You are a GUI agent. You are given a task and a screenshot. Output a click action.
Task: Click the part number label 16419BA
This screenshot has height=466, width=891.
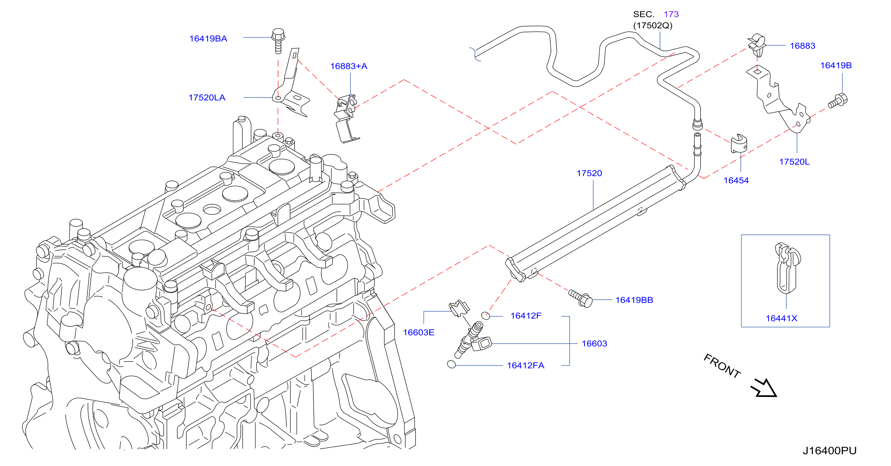click(x=208, y=39)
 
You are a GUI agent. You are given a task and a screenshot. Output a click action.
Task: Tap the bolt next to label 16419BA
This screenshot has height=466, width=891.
click(x=278, y=41)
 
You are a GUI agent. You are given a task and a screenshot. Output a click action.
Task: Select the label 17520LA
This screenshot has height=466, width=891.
click(x=207, y=97)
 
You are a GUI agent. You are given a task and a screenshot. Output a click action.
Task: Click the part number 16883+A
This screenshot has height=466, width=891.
click(x=349, y=66)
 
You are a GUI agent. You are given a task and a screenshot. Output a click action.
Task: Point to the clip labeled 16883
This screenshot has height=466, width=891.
click(x=757, y=45)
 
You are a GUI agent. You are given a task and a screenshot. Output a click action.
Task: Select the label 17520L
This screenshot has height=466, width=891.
click(x=794, y=162)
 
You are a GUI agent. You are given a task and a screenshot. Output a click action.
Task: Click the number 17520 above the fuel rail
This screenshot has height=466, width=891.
click(x=589, y=173)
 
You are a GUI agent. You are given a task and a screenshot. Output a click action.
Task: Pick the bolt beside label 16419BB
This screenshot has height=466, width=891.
click(x=581, y=298)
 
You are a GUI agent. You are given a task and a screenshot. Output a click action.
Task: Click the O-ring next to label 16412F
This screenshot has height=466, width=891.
click(x=486, y=316)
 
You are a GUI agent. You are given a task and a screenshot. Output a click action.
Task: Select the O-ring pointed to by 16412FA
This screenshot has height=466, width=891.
click(x=451, y=364)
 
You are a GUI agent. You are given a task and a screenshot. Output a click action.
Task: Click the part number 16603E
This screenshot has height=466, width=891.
click(x=419, y=333)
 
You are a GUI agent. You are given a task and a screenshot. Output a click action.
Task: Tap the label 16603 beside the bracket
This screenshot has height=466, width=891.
click(x=594, y=344)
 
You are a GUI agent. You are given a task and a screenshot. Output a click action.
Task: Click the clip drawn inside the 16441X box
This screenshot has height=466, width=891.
click(x=787, y=268)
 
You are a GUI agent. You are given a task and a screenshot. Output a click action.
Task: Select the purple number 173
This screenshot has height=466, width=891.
click(x=671, y=14)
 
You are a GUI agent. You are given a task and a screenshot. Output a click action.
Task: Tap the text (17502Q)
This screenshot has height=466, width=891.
click(x=653, y=25)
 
